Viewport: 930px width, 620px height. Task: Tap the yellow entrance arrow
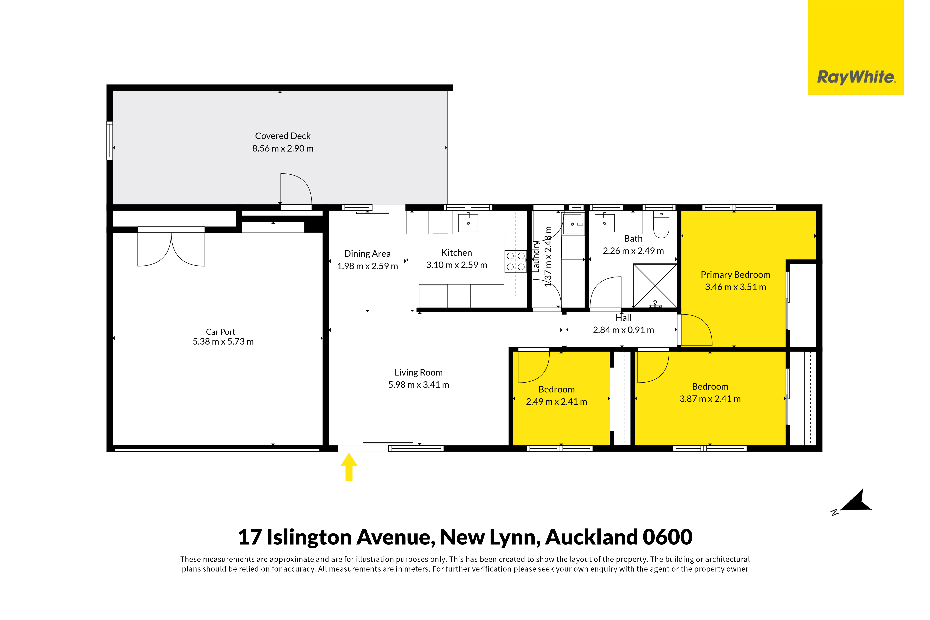tap(349, 467)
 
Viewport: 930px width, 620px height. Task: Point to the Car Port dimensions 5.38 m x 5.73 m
tap(223, 342)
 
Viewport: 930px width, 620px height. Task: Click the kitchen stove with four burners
tap(515, 261)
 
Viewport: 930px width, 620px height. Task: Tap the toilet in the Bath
tap(661, 224)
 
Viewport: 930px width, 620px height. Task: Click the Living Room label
tap(418, 372)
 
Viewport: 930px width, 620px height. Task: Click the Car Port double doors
tap(171, 249)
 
